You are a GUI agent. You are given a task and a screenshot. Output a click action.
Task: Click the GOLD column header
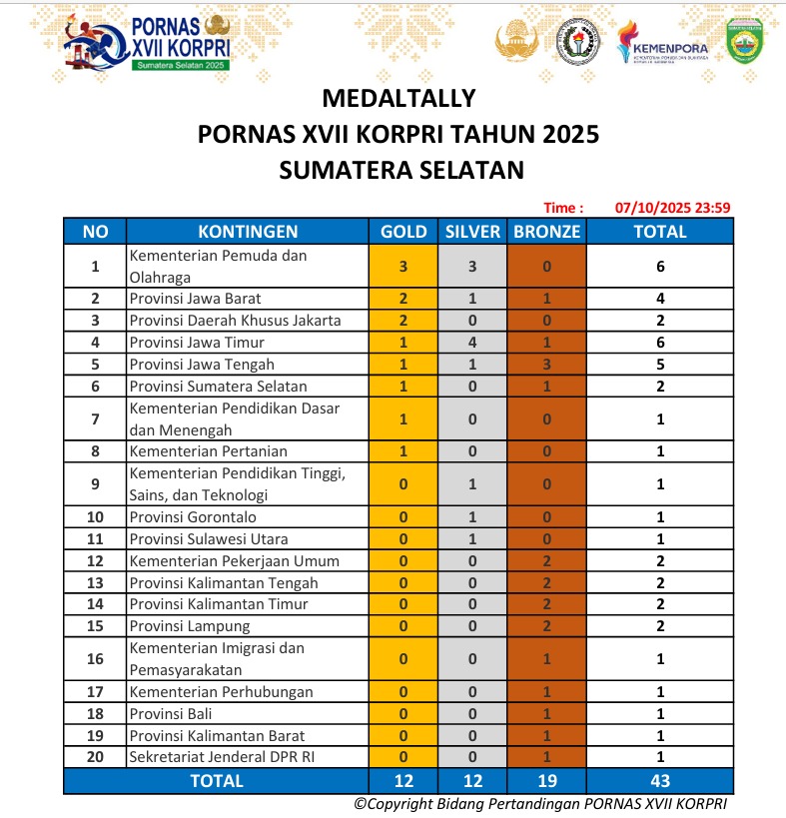(x=403, y=232)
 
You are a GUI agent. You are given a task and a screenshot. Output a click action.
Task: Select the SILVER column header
(x=472, y=232)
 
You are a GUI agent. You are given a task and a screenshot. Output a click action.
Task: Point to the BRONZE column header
(x=546, y=232)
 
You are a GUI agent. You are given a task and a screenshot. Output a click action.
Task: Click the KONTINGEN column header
(x=248, y=232)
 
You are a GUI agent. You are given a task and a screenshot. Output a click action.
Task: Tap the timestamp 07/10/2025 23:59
(x=673, y=208)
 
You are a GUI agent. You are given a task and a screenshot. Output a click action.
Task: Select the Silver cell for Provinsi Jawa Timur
(x=472, y=343)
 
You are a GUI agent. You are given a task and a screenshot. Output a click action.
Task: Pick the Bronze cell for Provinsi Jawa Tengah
(x=546, y=365)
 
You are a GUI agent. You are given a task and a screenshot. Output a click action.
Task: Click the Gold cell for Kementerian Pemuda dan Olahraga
(x=403, y=267)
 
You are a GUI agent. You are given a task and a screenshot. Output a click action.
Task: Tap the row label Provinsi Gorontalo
(x=193, y=517)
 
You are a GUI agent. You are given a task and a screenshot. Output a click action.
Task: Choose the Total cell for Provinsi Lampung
(x=660, y=626)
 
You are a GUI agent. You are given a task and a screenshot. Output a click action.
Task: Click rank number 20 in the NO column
(x=95, y=758)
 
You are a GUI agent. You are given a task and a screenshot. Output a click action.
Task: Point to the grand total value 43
(x=660, y=781)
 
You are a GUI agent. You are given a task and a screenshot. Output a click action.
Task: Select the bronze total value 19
(x=546, y=781)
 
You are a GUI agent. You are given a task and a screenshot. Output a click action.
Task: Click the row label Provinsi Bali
(x=171, y=714)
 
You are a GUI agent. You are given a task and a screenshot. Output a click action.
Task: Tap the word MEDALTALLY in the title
(x=398, y=98)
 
